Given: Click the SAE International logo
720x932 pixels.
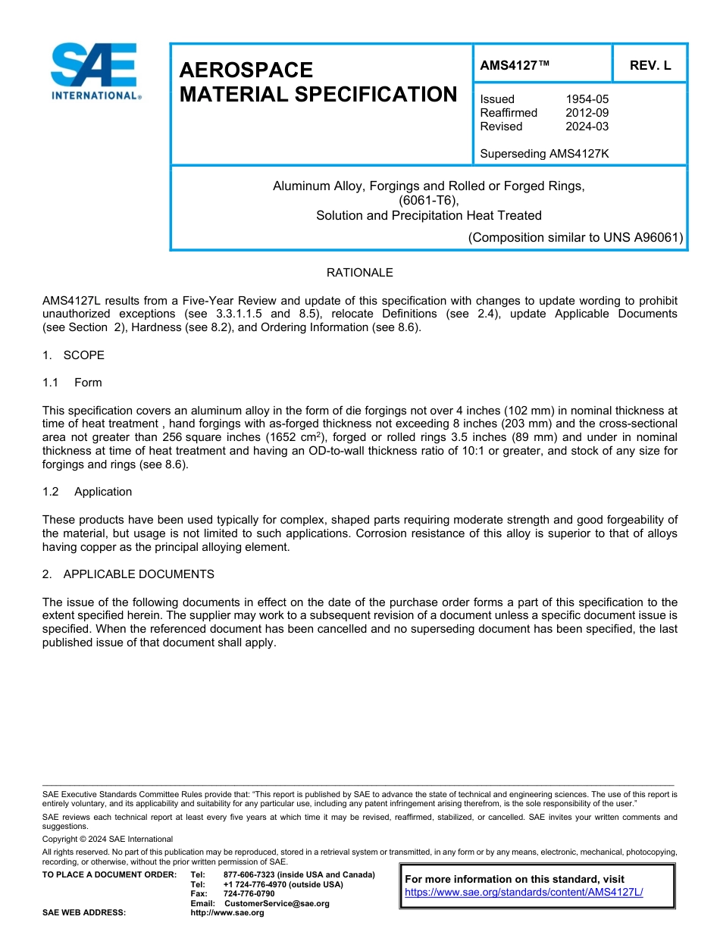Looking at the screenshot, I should [x=94, y=71].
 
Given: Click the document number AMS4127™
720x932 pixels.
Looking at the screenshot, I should [x=515, y=65].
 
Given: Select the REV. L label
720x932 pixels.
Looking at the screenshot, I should [x=650, y=65].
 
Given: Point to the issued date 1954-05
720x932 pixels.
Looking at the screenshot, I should [x=587, y=99].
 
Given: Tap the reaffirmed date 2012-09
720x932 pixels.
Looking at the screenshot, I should [x=587, y=113].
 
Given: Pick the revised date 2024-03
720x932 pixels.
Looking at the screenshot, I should [x=587, y=127].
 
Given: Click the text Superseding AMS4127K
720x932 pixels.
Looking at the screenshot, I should [x=544, y=154].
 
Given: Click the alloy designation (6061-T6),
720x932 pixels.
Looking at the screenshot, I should [x=429, y=201].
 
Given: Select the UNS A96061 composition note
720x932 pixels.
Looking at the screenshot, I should [x=575, y=237].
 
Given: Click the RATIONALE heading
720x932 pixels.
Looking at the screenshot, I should [x=359, y=273].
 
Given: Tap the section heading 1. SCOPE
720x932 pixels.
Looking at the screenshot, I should [x=74, y=355].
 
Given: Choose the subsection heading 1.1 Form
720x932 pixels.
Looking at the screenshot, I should [x=72, y=383].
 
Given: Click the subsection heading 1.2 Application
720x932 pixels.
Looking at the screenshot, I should [x=87, y=492].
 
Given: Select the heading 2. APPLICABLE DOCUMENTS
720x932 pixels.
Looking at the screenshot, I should [x=128, y=574].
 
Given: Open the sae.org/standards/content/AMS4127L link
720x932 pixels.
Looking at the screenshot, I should [x=524, y=893].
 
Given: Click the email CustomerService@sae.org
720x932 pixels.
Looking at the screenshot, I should [x=277, y=903].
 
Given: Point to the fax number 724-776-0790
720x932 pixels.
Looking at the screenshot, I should [x=249, y=894].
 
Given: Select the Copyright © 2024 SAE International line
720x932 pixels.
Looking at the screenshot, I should [x=108, y=839].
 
